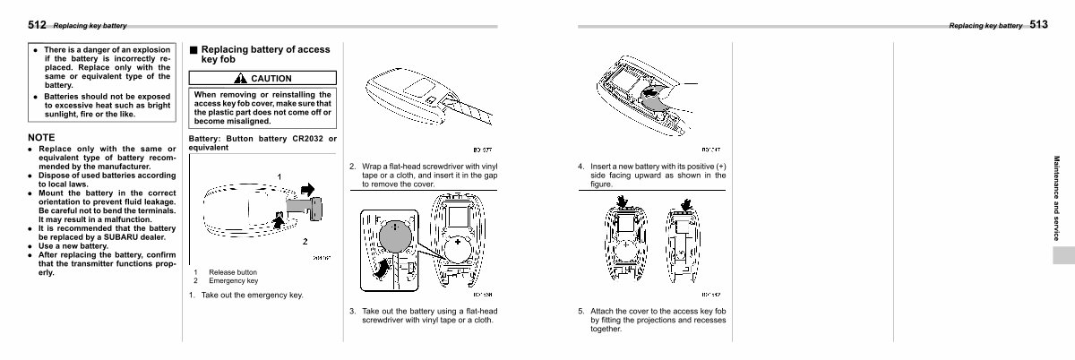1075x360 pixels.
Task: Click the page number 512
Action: [37, 26]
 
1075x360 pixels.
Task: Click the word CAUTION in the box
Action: [271, 79]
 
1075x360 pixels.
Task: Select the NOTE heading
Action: [42, 138]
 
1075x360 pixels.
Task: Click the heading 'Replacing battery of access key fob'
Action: [265, 54]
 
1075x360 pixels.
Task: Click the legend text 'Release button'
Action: [233, 272]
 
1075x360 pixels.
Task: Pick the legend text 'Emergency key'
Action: [233, 280]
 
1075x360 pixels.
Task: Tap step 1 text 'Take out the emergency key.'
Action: [252, 295]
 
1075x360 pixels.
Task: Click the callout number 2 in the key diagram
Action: [305, 242]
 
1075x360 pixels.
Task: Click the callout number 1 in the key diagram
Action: [280, 176]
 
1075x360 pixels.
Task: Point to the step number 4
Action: [580, 167]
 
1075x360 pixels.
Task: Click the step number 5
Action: [580, 312]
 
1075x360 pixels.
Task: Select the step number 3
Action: [352, 312]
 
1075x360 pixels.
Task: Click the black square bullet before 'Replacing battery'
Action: [193, 50]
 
